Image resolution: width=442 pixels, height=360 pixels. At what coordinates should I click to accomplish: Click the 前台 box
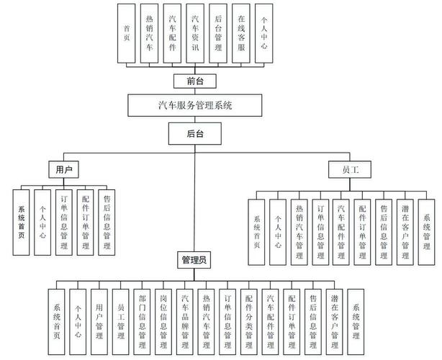click(x=194, y=81)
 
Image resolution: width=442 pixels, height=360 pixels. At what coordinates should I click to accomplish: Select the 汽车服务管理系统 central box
click(x=199, y=105)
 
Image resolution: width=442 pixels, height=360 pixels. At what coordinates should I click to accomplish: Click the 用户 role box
click(x=63, y=170)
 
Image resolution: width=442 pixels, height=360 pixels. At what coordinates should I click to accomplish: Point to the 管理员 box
click(x=194, y=259)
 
